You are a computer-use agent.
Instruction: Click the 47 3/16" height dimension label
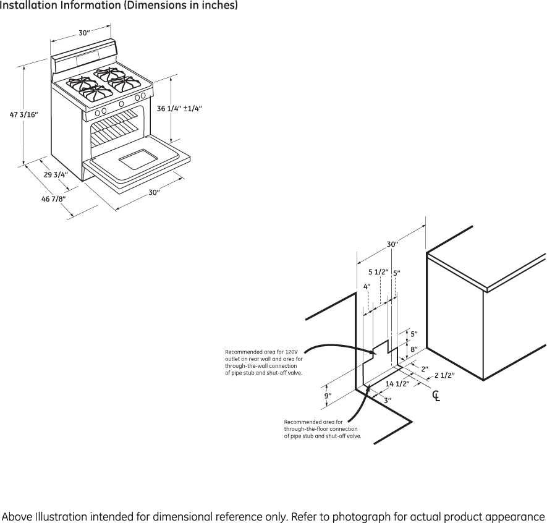point(24,114)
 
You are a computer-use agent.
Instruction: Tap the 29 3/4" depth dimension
point(56,174)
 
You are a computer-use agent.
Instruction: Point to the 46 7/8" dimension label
point(54,198)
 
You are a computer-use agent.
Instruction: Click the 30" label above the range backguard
point(83,33)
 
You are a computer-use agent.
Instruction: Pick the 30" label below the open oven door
point(154,192)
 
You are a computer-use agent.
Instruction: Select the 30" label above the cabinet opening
point(392,244)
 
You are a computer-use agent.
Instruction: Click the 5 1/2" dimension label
point(378,272)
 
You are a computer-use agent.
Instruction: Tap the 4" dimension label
point(367,287)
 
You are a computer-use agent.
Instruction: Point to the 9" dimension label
point(328,396)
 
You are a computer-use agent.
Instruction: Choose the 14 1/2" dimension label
point(397,385)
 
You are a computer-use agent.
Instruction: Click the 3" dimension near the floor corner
point(388,401)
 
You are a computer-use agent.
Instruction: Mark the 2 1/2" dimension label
point(444,375)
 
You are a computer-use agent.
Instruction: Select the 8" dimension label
point(414,350)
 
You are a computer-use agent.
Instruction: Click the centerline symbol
point(436,396)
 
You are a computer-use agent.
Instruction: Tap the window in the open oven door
point(139,160)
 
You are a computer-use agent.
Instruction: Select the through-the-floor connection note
point(322,429)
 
